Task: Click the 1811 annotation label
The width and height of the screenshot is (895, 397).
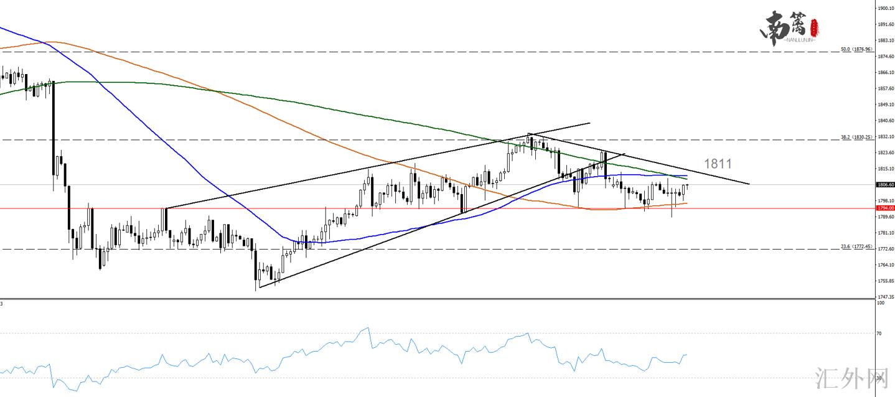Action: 718,164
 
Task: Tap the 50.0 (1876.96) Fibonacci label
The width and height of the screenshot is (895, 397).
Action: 858,49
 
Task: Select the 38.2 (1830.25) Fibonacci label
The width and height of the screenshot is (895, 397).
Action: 858,137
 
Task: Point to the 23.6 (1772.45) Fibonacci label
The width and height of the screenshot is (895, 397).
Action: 858,246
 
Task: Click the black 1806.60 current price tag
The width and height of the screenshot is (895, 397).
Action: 885,184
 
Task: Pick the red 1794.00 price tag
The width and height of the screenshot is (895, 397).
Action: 885,208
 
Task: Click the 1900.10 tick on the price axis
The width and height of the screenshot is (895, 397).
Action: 885,8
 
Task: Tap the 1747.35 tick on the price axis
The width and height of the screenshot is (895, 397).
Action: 885,297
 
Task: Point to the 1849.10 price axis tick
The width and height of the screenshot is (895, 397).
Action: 885,105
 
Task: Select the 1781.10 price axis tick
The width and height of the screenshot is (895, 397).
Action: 885,233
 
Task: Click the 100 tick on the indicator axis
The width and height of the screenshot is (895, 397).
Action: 880,303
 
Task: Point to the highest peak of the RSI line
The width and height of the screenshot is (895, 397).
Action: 368,327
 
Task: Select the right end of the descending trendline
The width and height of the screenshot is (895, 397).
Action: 749,184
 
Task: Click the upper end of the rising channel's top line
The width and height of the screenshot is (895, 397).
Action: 589,123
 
